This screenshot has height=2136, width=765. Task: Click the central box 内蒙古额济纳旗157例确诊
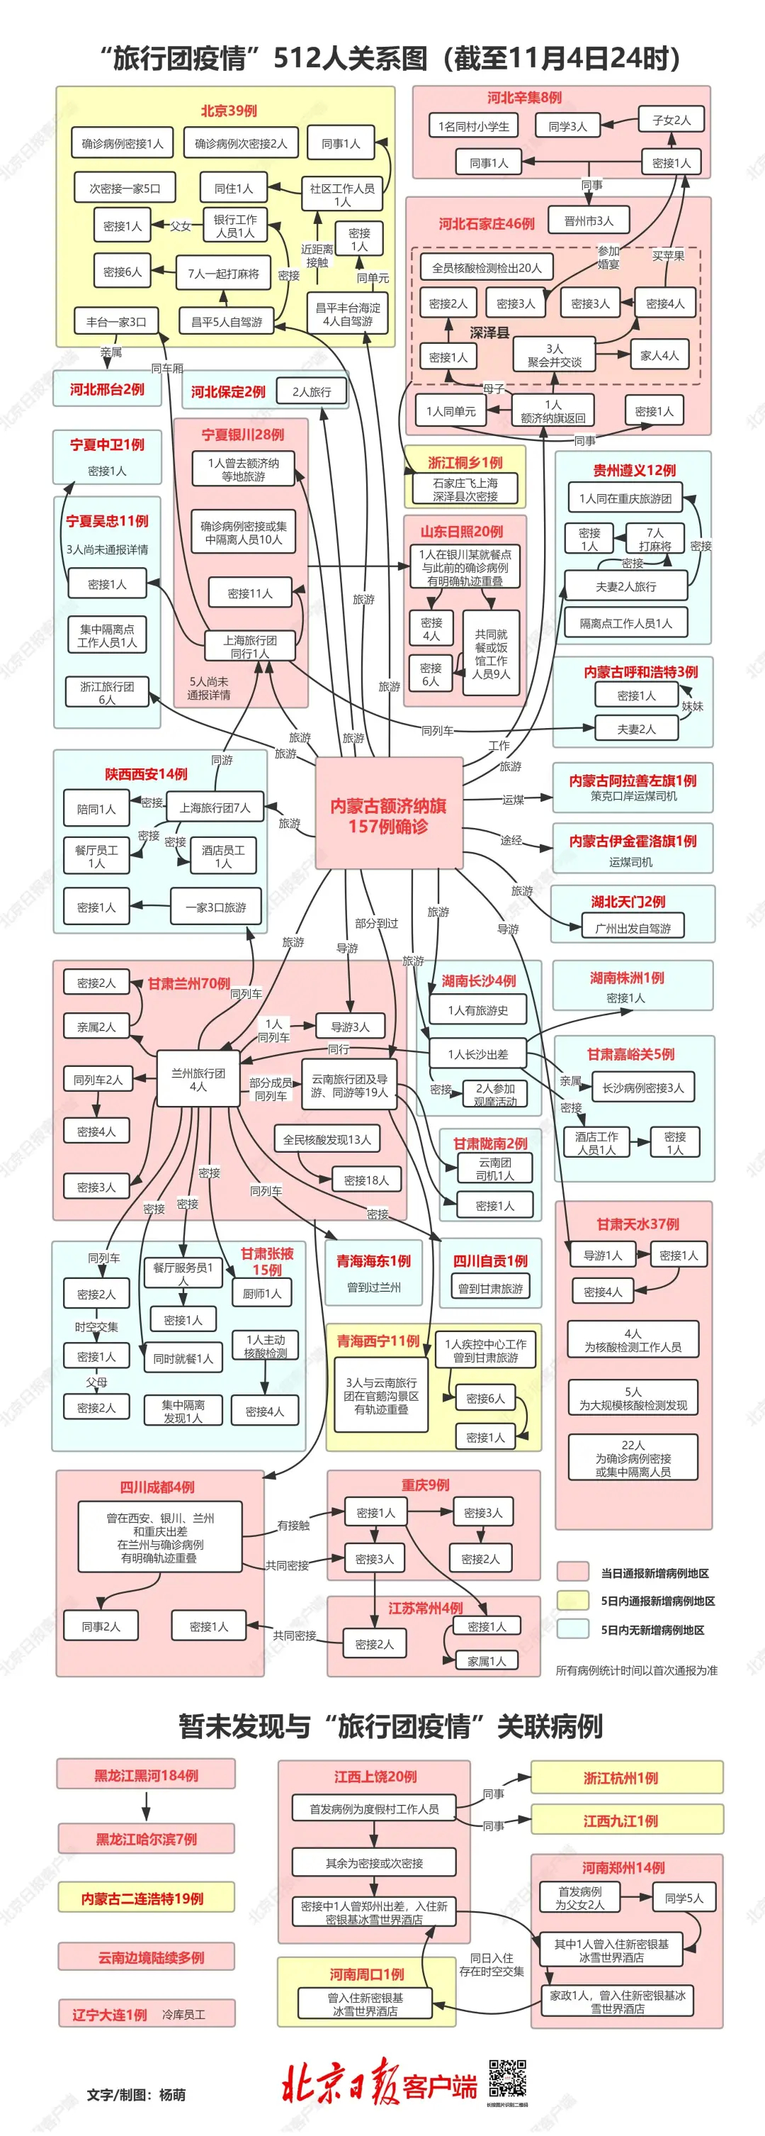coord(388,815)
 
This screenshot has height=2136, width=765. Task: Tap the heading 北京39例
coord(229,111)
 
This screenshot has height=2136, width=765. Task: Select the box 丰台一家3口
coord(116,322)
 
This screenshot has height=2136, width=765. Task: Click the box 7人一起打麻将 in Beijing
coord(223,273)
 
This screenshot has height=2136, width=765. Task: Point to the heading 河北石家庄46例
coord(487,224)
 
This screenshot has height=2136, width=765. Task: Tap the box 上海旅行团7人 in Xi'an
coord(215,807)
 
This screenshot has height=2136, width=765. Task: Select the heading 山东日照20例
coord(462,532)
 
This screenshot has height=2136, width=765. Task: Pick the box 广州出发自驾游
coord(633,928)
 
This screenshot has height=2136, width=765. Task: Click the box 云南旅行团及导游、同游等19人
coord(349,1085)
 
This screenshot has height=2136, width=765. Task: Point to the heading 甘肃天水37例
coord(637,1224)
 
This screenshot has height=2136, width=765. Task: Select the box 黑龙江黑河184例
coord(146,1775)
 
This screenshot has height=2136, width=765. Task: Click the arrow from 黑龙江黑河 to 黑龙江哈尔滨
coord(147,1806)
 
